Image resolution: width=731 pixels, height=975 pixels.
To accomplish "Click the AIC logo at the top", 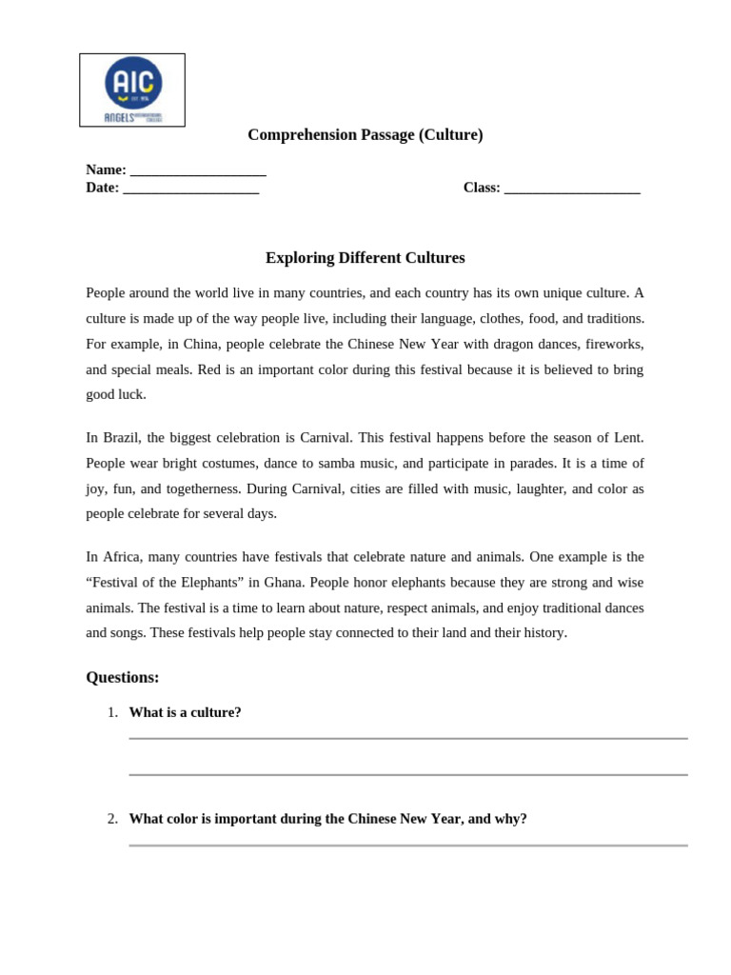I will [x=132, y=90].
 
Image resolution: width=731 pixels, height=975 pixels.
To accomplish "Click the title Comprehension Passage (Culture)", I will [x=365, y=135].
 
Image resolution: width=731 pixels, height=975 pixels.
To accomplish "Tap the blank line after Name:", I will [x=198, y=172].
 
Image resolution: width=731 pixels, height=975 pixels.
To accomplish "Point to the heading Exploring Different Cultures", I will [x=365, y=258].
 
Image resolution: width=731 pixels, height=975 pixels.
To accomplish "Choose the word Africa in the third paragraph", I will [x=122, y=557].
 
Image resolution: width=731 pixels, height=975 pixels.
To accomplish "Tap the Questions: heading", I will [x=123, y=678].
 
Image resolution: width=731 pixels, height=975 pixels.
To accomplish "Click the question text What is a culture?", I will [x=185, y=713].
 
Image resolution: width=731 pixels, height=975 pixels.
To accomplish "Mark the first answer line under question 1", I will [x=407, y=738].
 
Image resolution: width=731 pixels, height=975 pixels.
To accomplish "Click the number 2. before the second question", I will [x=112, y=819].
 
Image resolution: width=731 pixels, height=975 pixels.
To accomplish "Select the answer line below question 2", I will [x=407, y=845].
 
